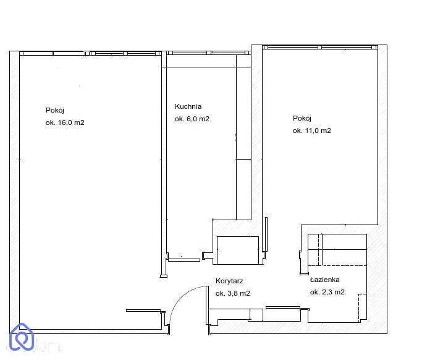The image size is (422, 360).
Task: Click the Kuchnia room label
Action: pyautogui.click(x=188, y=106)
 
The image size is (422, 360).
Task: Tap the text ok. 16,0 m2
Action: pyautogui.click(x=65, y=122)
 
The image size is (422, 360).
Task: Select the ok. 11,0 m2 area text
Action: pyautogui.click(x=311, y=131)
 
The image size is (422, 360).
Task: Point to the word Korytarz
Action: pyautogui.click(x=229, y=281)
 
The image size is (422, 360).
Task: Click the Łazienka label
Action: pyautogui.click(x=324, y=280)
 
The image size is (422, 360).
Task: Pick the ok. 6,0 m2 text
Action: pyautogui.click(x=192, y=119)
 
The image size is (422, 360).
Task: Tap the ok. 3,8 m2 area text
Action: pyautogui.click(x=233, y=293)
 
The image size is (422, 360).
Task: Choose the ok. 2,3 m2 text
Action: pyautogui.click(x=327, y=292)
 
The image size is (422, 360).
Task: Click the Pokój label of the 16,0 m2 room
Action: pyautogui.click(x=55, y=110)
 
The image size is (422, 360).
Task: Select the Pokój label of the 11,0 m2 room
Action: pyautogui.click(x=302, y=118)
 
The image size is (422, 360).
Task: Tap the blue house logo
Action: pyautogui.click(x=22, y=337)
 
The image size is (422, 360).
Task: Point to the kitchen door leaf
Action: pyautogui.click(x=184, y=260)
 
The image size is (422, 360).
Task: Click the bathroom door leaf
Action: pyautogui.click(x=283, y=307)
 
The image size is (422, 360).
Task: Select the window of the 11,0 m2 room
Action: pyautogui.click(x=320, y=47)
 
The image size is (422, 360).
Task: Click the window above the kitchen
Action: pyautogui.click(x=209, y=53)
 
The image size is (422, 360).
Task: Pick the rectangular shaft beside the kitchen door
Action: pyautogui.click(x=238, y=251)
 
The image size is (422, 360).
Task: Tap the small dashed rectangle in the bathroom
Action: pyautogui.click(x=363, y=307)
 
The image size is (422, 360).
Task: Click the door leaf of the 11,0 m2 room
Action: pyautogui.click(x=266, y=234)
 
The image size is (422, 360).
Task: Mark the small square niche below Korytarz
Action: pyautogui.click(x=256, y=315)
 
